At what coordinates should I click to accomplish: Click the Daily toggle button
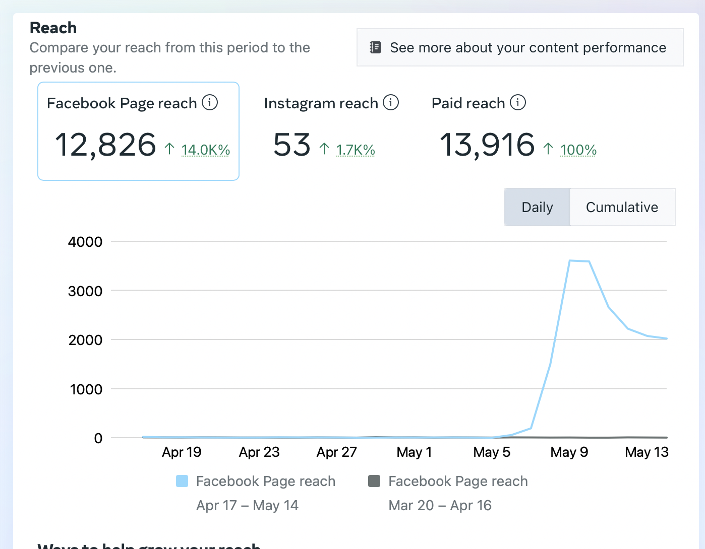537,207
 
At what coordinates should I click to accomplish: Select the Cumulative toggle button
622,207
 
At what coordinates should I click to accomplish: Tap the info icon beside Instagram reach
391,102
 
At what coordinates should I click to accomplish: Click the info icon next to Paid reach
518,102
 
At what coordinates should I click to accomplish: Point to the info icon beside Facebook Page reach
210,102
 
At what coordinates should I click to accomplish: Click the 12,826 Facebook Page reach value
105,145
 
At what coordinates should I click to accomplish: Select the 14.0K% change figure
206,150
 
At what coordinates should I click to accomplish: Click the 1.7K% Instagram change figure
356,150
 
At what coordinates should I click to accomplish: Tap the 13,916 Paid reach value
487,145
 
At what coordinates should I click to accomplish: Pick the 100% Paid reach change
578,150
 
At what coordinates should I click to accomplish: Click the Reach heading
53,28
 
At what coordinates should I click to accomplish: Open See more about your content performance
520,47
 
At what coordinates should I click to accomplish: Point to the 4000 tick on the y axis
85,242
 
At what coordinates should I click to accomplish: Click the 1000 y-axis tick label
86,389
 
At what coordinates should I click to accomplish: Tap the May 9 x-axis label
569,452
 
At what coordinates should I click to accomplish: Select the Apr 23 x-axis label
259,452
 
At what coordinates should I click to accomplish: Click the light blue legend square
182,481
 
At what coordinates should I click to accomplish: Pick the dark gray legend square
374,481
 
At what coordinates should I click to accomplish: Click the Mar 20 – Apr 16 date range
440,505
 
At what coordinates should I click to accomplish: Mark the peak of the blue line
570,260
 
